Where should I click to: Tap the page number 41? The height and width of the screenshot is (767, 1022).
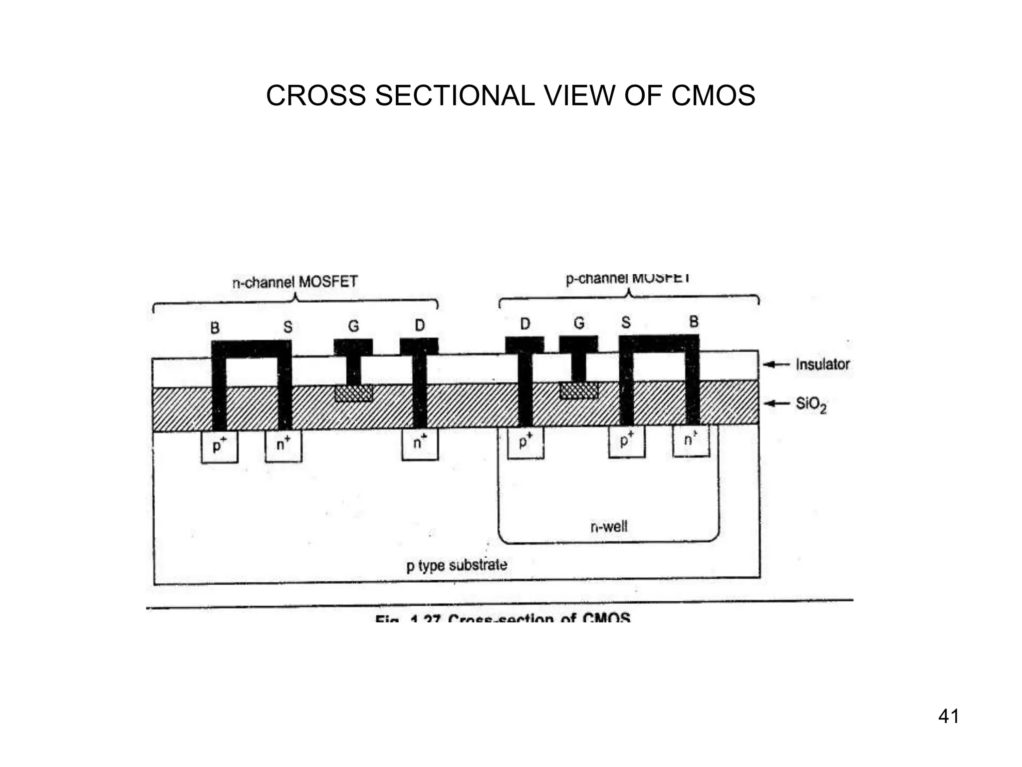[x=948, y=717]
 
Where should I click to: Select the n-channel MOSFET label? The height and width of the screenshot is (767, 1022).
[x=295, y=282]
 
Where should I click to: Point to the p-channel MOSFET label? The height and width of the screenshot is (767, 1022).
[x=628, y=278]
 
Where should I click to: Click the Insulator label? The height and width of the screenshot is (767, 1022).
[x=822, y=364]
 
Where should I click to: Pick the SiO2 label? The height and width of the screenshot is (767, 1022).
[x=811, y=404]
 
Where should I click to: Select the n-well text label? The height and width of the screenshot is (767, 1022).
[x=609, y=526]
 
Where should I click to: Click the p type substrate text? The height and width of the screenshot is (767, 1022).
[x=457, y=565]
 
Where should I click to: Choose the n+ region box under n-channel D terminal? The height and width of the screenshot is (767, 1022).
[x=420, y=443]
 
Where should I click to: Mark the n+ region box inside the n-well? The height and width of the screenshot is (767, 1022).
[x=691, y=440]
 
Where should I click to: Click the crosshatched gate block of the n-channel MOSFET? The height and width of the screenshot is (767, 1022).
[x=353, y=393]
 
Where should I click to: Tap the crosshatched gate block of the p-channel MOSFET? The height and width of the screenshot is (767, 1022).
[x=579, y=390]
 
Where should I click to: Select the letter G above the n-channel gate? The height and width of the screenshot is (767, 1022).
[x=353, y=327]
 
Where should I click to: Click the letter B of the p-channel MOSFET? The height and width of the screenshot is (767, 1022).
[x=694, y=322]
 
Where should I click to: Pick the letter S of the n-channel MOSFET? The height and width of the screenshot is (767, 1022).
[x=288, y=327]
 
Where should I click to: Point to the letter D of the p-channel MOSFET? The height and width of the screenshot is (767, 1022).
[x=525, y=325]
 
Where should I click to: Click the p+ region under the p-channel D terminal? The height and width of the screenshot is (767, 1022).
[x=525, y=442]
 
